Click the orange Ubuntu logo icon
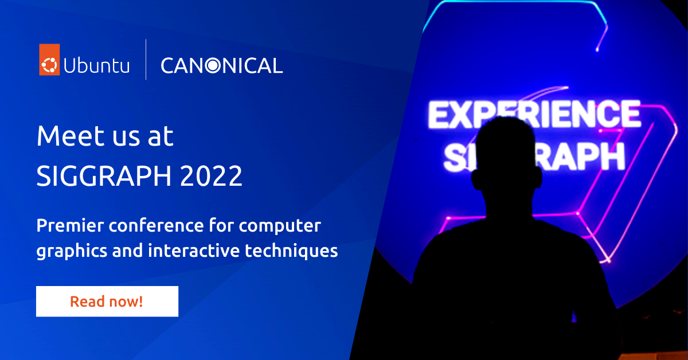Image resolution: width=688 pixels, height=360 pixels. [49, 59]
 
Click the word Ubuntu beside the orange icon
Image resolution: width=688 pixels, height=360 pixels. [97, 66]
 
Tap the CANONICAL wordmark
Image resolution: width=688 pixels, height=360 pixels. [221, 65]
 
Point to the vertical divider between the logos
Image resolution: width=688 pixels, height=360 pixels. [146, 59]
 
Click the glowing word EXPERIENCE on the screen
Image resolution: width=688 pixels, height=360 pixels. [533, 114]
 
